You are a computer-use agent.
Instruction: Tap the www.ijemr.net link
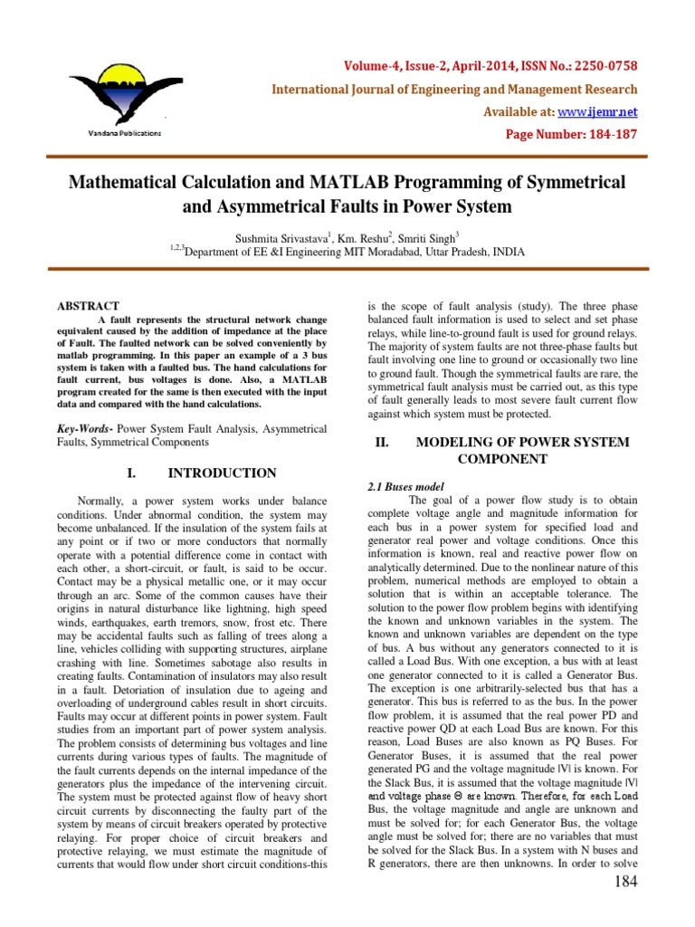click(x=609, y=111)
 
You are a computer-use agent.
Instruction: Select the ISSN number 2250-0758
click(x=606, y=66)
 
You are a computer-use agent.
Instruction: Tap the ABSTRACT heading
click(x=88, y=306)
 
